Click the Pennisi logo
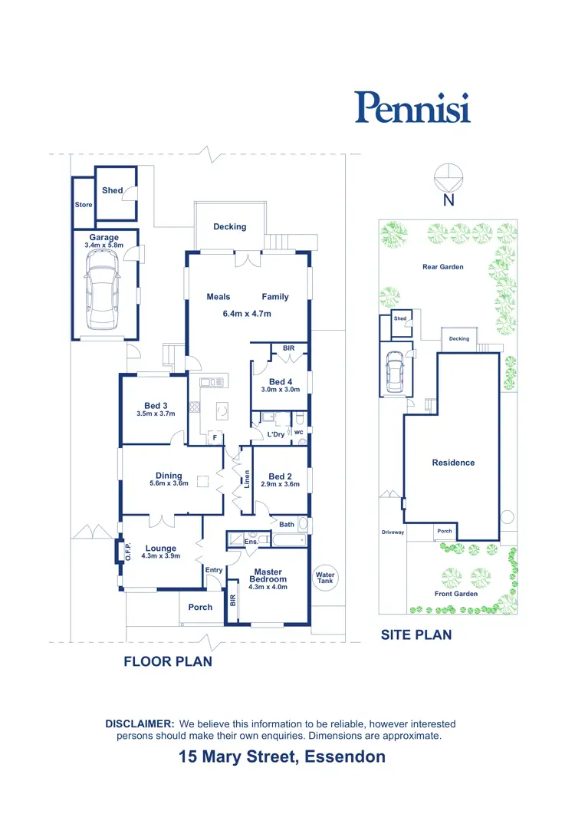[412, 107]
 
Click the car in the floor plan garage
[103, 289]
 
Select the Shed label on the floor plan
[112, 190]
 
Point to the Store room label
[83, 205]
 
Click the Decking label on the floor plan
[230, 226]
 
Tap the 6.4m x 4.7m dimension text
[246, 313]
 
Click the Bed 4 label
[281, 381]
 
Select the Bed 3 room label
[156, 406]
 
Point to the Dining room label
[169, 476]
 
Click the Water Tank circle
[326, 578]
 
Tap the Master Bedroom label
[268, 575]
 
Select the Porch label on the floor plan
[200, 607]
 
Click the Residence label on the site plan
[453, 463]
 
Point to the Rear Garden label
[443, 267]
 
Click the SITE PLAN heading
[416, 634]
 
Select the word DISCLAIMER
[140, 723]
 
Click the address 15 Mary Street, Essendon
[282, 757]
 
